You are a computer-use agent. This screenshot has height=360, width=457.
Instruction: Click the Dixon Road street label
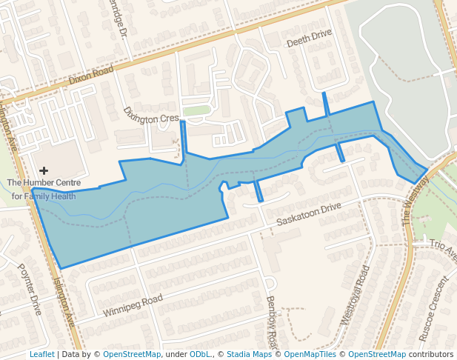pyautogui.click(x=91, y=74)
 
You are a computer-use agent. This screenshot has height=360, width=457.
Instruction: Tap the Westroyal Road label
pyautogui.click(x=354, y=296)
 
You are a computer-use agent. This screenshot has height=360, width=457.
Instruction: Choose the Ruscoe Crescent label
pyautogui.click(x=433, y=309)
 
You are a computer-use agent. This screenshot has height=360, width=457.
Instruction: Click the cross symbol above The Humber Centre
pyautogui.click(x=44, y=170)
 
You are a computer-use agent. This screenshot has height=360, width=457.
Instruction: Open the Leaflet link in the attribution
pyautogui.click(x=41, y=354)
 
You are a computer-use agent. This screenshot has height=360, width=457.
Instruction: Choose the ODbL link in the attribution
pyautogui.click(x=199, y=354)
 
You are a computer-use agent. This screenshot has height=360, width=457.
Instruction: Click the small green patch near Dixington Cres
pyautogui.click(x=197, y=111)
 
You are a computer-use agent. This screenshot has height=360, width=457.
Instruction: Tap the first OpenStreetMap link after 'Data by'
pyautogui.click(x=132, y=354)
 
